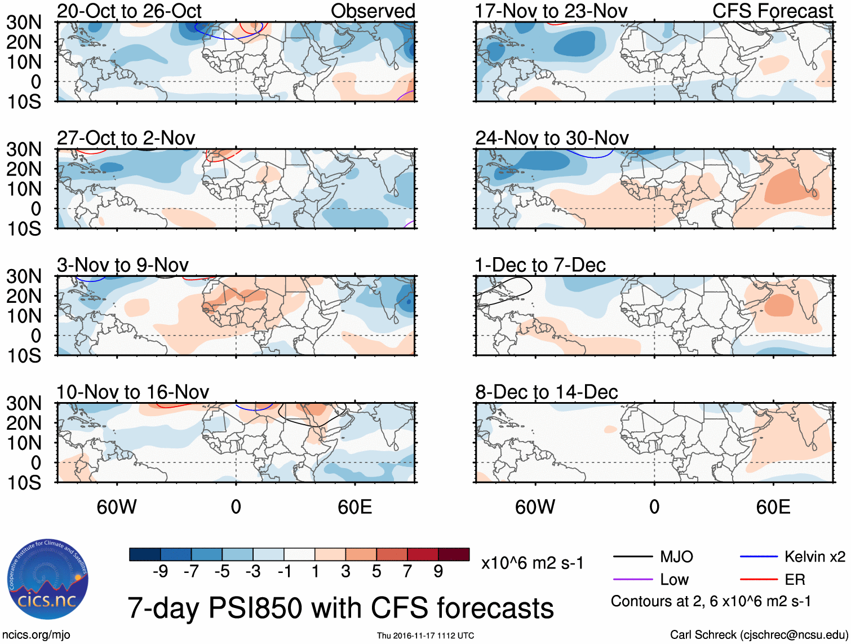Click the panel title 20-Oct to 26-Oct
tap(129, 11)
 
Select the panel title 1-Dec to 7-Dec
tap(540, 265)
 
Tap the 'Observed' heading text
tap(373, 11)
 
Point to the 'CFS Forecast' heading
tap(772, 11)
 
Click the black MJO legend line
tap(633, 557)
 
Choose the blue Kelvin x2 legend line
tap(759, 557)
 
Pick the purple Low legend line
tap(633, 580)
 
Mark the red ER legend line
tap(759, 580)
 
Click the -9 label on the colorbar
tap(160, 572)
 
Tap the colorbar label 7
tap(407, 572)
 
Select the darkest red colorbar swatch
tap(454, 554)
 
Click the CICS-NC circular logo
tap(48, 579)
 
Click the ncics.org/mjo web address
tap(36, 635)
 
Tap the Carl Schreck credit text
tap(759, 635)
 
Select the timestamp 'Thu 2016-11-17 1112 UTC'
tap(425, 636)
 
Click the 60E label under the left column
tap(354, 507)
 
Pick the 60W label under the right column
tap(535, 507)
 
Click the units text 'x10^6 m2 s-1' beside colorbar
tap(532, 563)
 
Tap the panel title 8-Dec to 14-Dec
tap(546, 392)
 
